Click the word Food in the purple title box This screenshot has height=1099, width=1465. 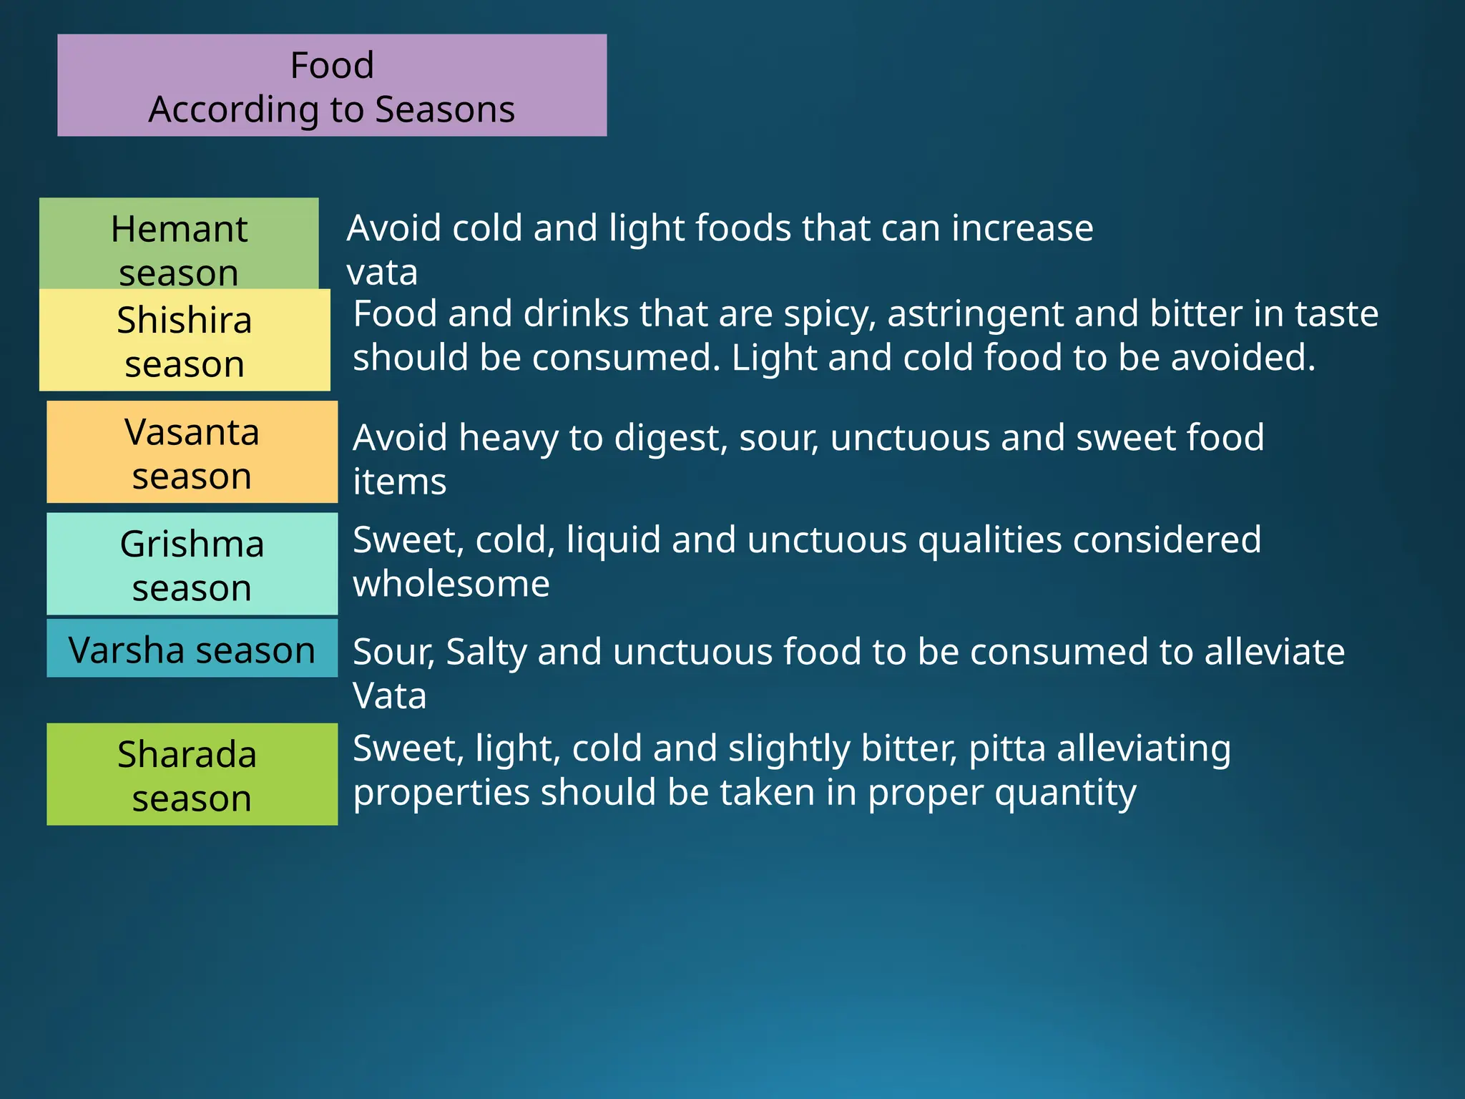click(x=332, y=66)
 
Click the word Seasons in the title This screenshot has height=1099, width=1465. click(x=445, y=110)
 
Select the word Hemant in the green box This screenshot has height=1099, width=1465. click(x=179, y=230)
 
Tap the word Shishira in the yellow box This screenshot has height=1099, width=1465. click(x=185, y=321)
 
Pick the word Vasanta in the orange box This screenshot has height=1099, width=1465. click(x=192, y=432)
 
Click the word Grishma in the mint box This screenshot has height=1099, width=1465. click(x=192, y=544)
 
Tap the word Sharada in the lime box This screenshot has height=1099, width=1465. click(x=187, y=755)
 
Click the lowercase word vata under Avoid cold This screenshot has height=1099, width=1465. click(x=382, y=273)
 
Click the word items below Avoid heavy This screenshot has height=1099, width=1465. click(x=399, y=482)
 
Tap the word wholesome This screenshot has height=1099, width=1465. click(x=451, y=584)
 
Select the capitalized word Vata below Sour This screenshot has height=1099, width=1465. click(x=389, y=696)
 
